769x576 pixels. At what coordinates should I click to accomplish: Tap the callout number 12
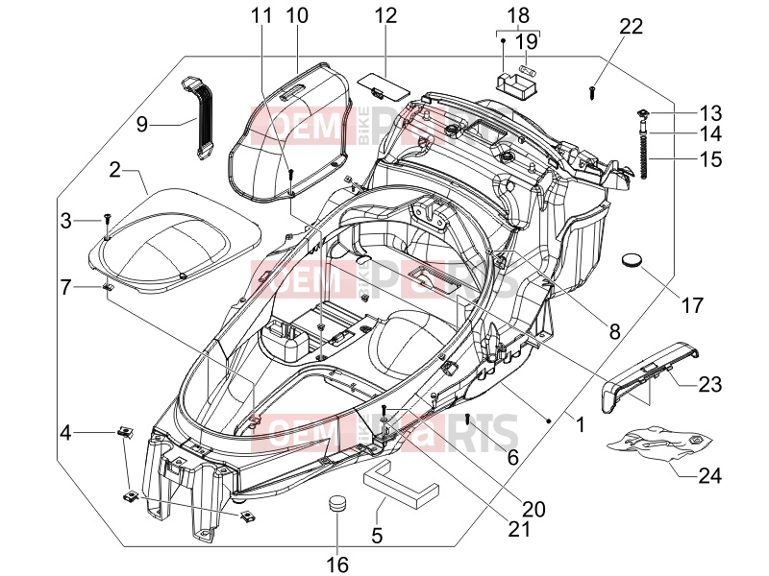385,15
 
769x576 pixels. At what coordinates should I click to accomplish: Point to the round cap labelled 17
632,259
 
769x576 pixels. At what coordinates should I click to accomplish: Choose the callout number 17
692,305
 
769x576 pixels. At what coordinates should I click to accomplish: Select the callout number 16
337,564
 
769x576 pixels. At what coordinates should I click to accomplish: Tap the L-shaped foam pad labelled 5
400,482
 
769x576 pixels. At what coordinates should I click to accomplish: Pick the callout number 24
710,475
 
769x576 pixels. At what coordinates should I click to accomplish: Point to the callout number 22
631,26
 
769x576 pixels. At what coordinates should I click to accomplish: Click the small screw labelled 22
593,92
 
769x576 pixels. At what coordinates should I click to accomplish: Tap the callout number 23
710,385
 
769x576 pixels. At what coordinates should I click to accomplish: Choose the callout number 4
66,433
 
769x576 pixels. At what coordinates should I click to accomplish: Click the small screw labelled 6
468,419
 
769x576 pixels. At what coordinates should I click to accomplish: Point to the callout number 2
114,171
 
